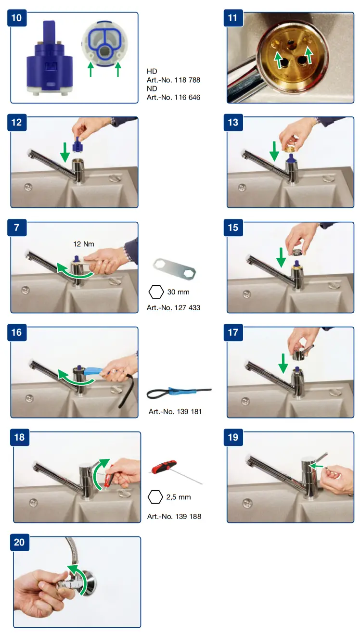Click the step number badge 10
click(x=17, y=18)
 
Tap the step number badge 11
click(x=233, y=18)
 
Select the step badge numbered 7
click(x=17, y=227)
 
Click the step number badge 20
click(x=20, y=542)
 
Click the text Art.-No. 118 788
click(x=173, y=80)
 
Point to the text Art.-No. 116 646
click(x=173, y=97)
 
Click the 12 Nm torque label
click(x=84, y=244)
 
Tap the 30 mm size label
click(x=178, y=292)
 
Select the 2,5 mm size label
click(x=179, y=497)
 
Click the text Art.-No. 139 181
click(x=175, y=412)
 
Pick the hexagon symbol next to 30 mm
click(x=156, y=292)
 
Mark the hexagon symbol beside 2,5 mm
click(x=155, y=497)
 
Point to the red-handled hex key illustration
click(x=175, y=472)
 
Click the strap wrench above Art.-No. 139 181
click(x=179, y=393)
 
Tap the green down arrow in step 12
click(x=65, y=152)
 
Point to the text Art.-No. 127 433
click(x=173, y=308)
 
